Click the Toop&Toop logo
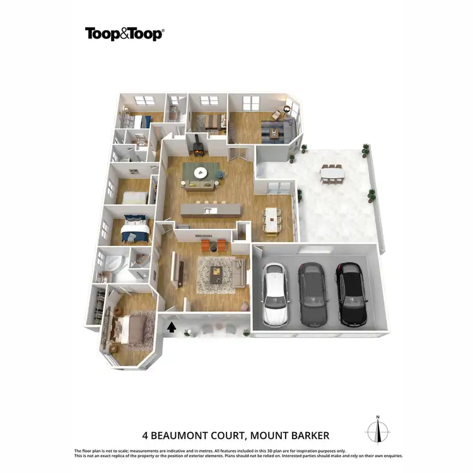tap(124, 33)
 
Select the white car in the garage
tap(275, 293)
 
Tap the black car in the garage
tap(351, 293)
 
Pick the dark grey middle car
tap(313, 293)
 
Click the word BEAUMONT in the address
tap(195, 435)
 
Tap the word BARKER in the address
tap(308, 435)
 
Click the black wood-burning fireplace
tap(197, 145)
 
